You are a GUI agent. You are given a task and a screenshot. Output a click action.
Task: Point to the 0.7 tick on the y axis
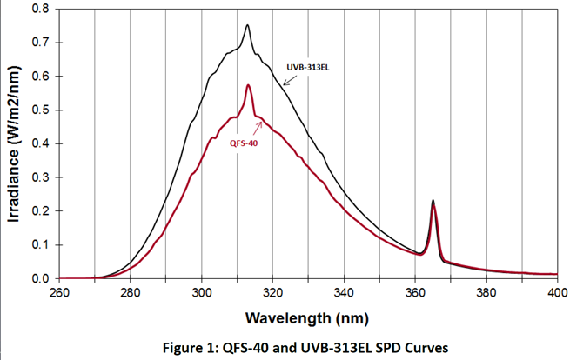[x=38, y=42]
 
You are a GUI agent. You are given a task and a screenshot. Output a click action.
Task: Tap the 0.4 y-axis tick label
[x=38, y=143]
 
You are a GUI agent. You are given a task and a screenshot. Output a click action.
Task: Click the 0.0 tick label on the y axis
[x=38, y=278]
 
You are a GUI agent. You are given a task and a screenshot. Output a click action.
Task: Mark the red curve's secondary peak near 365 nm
[x=433, y=208]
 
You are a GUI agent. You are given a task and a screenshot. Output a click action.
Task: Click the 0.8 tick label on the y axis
[x=38, y=9]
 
